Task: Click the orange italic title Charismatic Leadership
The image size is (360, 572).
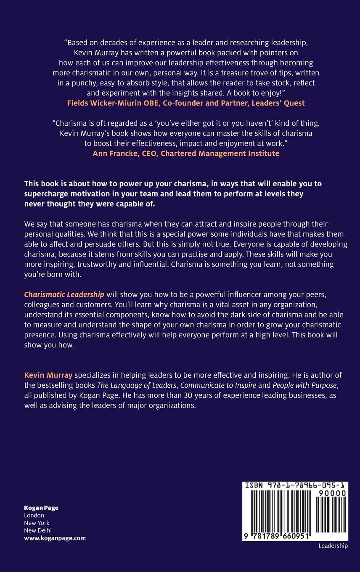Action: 64,294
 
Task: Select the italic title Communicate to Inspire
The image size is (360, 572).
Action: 218,385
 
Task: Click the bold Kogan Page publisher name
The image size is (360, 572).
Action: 41,508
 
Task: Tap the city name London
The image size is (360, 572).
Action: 34,515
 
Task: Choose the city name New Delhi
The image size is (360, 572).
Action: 38,530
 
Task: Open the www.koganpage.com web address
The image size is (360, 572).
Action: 55,538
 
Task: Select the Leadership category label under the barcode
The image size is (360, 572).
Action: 333,546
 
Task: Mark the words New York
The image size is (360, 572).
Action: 37,523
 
